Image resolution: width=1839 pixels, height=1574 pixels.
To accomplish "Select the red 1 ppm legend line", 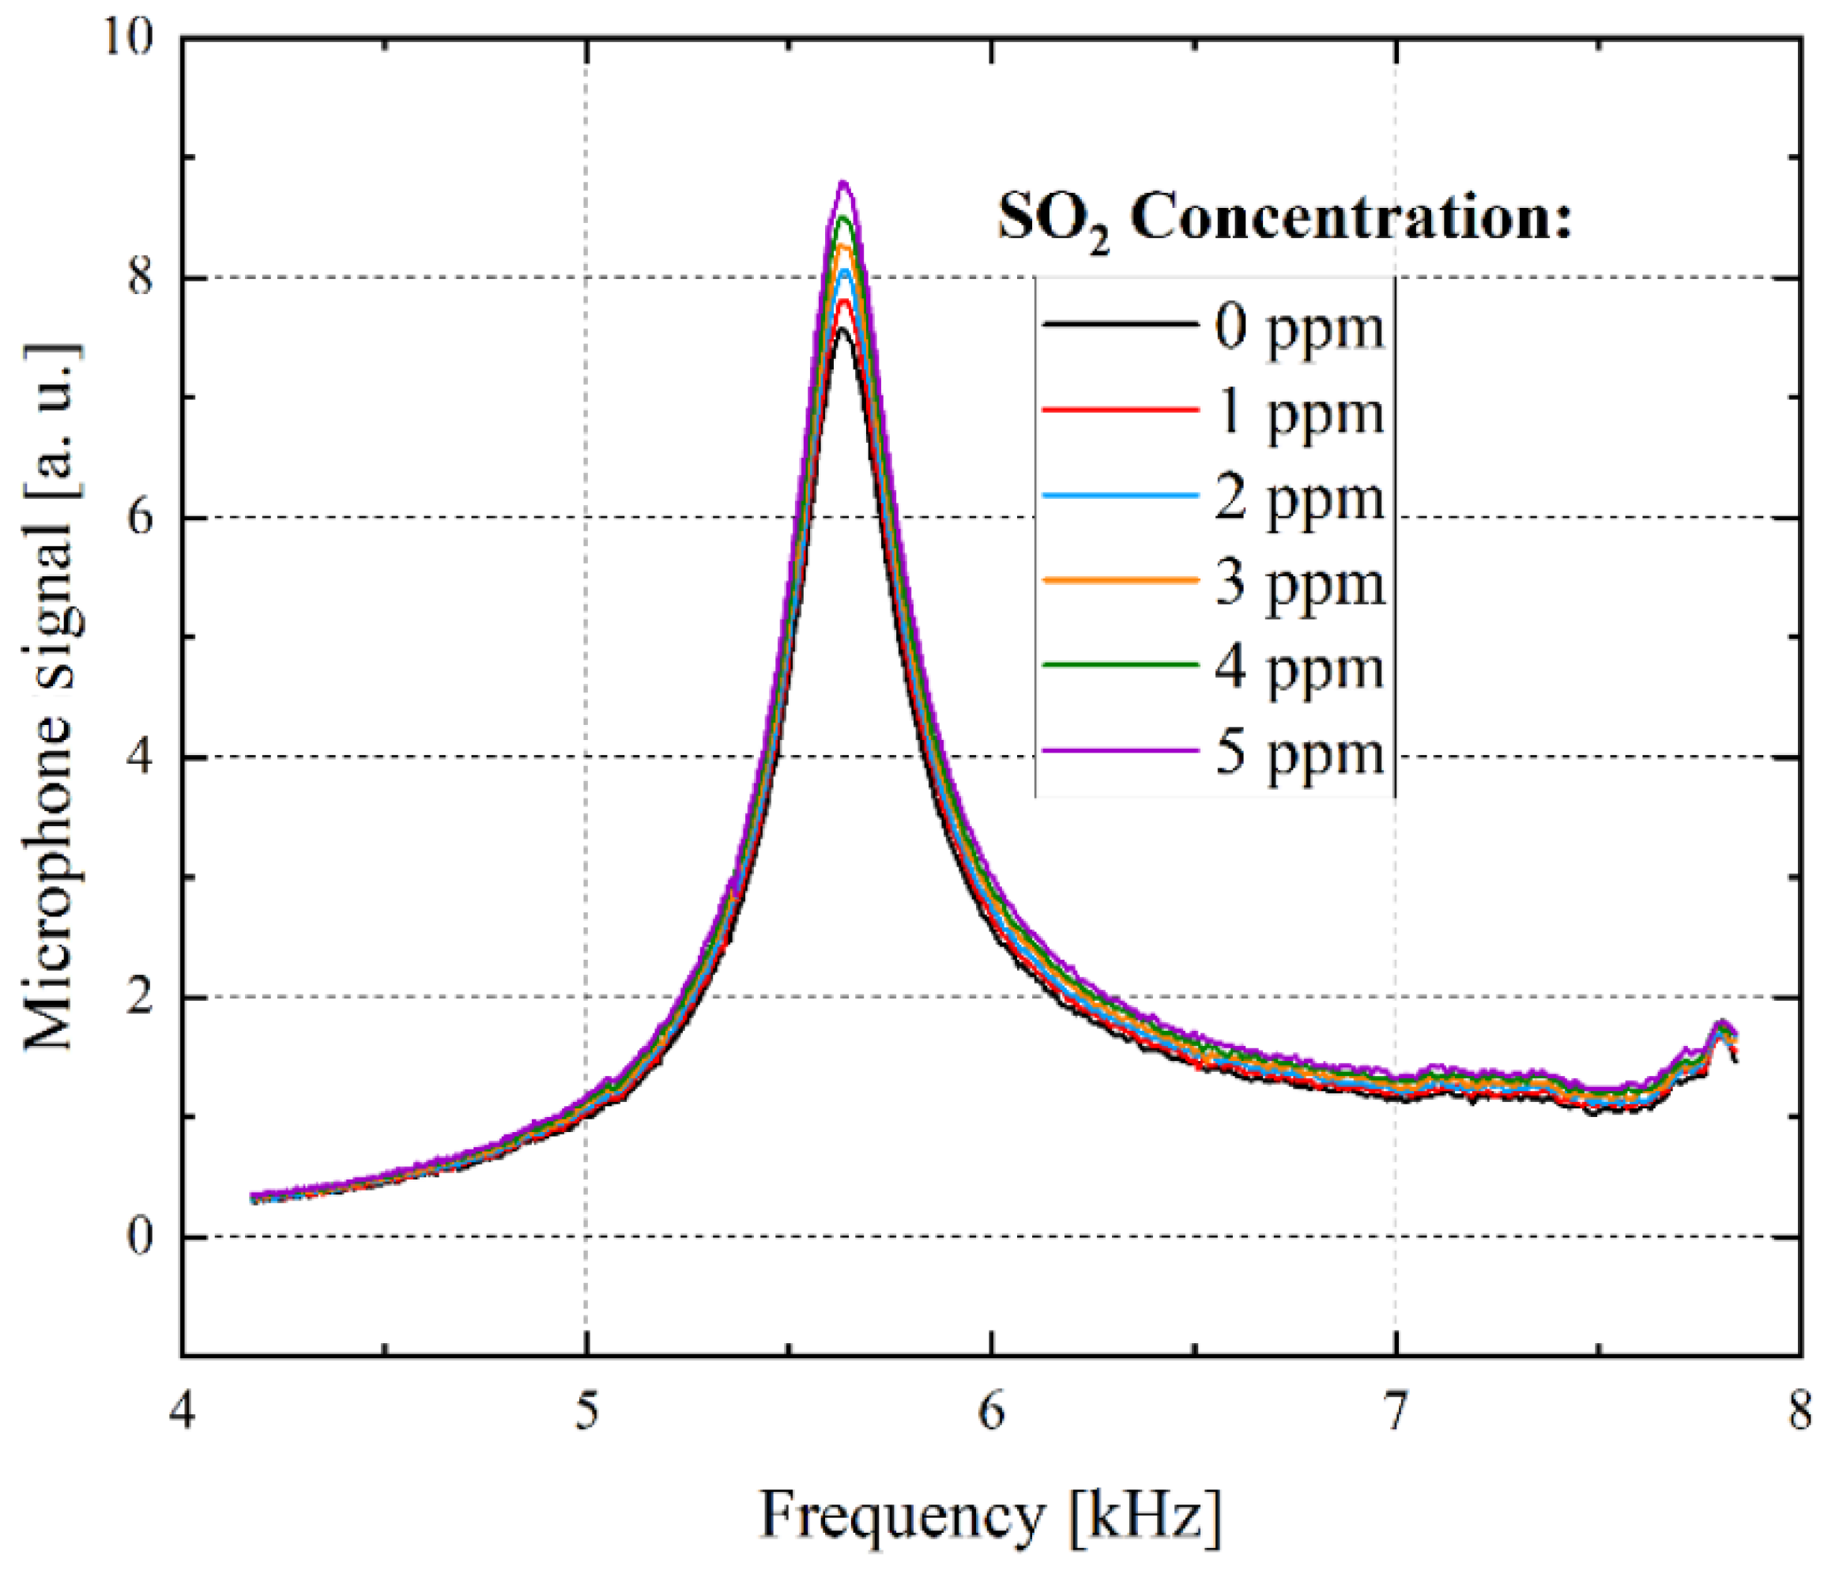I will point(1120,410).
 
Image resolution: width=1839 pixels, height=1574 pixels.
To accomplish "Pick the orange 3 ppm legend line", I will point(1120,579).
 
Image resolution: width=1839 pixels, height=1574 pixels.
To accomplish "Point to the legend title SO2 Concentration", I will point(1284,217).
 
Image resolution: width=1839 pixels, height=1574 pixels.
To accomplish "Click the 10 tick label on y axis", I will point(128,40).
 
